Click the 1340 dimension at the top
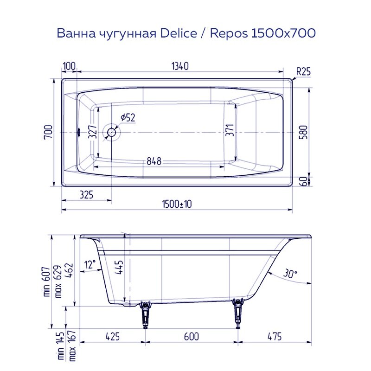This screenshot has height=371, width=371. coord(179,66)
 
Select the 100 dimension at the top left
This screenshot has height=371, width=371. coord(69,66)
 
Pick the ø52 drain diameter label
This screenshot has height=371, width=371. coord(128,118)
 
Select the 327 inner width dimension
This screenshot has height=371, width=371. coord(92,133)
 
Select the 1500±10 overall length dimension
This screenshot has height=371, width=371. coord(178,204)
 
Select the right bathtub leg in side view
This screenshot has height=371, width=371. coord(239,313)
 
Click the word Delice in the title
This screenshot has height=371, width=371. coord(179,33)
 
